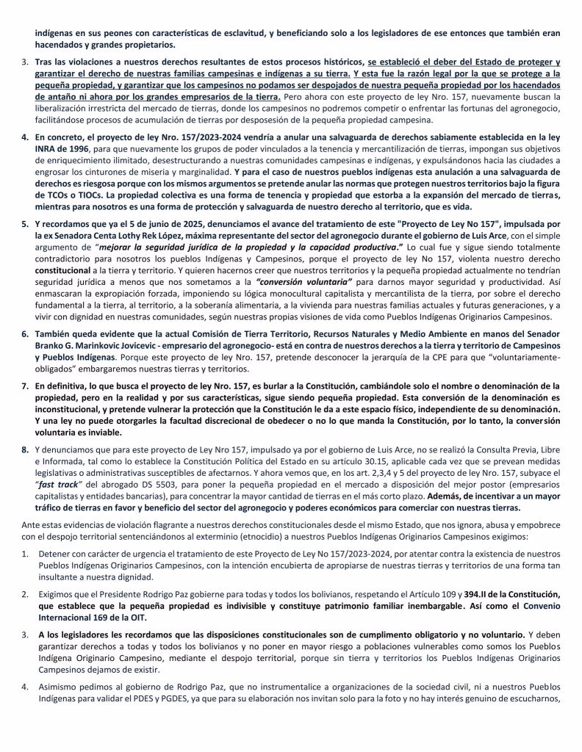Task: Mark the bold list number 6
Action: click(24, 333)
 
